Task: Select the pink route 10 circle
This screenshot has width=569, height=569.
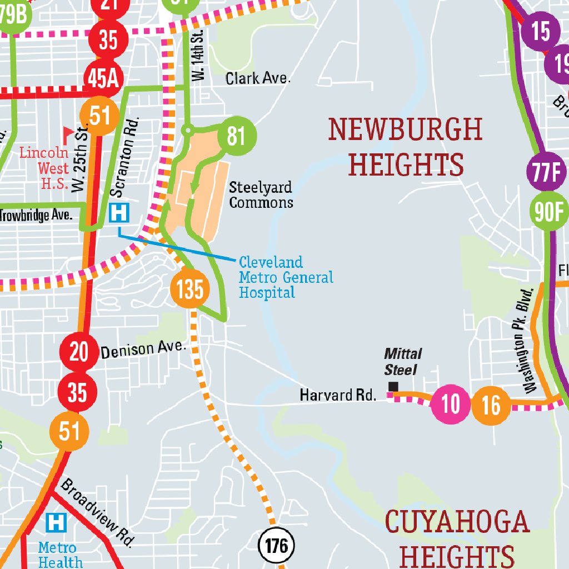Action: [x=451, y=405]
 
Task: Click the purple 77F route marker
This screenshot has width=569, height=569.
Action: [x=546, y=173]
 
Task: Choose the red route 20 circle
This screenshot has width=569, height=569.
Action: [x=79, y=352]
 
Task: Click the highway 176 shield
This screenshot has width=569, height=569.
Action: [x=276, y=546]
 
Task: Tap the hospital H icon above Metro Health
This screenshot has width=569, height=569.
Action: [x=56, y=522]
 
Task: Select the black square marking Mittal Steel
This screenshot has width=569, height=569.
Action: [x=393, y=387]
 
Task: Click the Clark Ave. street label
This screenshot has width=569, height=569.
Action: [x=258, y=78]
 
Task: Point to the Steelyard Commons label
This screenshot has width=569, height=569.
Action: [x=261, y=195]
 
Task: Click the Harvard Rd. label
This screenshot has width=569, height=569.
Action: [x=338, y=395]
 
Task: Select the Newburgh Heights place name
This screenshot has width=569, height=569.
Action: [x=406, y=147]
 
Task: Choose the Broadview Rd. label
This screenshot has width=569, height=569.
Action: [x=98, y=512]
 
